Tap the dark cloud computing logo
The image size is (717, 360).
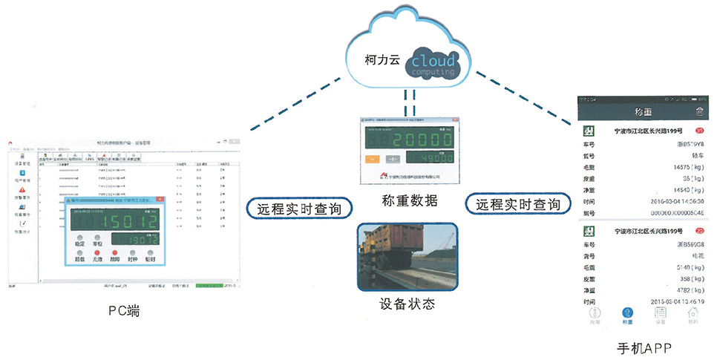[x=435, y=63]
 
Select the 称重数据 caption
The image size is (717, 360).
[x=410, y=201]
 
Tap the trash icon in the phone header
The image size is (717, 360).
[x=698, y=112]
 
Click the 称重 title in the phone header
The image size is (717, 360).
[x=642, y=113]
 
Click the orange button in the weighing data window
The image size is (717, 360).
[x=373, y=159]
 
